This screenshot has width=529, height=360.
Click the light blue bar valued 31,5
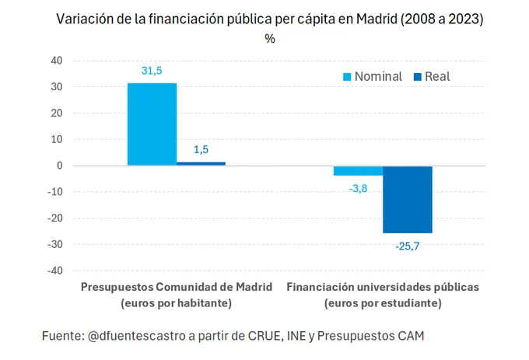(152, 124)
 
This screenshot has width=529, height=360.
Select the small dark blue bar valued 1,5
(201, 163)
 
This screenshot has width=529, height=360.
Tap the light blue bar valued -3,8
(358, 170)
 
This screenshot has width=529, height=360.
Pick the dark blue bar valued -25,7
(407, 199)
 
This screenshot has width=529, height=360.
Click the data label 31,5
(152, 71)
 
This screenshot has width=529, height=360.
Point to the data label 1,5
(201, 150)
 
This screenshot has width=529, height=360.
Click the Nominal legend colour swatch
(348, 76)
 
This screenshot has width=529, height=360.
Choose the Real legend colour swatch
(417, 76)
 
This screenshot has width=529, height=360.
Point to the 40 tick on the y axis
(56, 60)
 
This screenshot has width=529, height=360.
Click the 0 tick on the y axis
(59, 166)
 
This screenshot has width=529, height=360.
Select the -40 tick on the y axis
(54, 271)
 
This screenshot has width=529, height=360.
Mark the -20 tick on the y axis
(54, 218)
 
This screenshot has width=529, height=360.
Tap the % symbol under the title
(270, 40)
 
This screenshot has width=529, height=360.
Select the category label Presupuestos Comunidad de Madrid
(177, 287)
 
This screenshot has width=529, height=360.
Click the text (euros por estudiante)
(383, 302)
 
